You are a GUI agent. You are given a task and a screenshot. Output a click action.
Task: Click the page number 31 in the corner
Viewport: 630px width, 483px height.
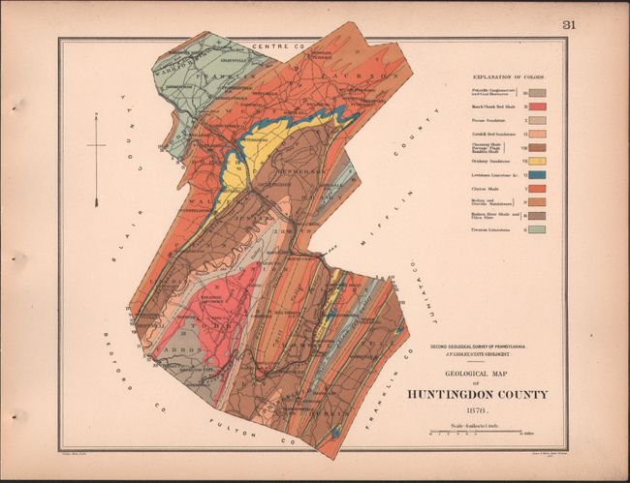(567, 25)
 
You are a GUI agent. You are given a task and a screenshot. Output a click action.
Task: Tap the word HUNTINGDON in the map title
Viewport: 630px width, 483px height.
(448, 394)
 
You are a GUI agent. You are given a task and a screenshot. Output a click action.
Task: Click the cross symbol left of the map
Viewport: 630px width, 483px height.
(96, 145)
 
